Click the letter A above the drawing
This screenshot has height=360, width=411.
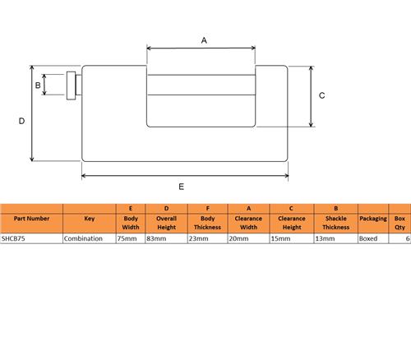point(204,40)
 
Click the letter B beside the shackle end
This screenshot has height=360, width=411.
point(38,85)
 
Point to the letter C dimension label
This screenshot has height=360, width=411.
point(322,95)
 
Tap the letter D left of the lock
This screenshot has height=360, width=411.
point(21,121)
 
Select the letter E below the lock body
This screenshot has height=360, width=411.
point(181,187)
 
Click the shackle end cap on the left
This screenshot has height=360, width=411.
point(72,85)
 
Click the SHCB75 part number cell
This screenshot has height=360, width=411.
point(13,238)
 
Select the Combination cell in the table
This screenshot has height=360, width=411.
point(83,238)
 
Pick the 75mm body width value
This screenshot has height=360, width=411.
point(127,238)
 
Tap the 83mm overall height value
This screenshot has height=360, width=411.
point(156,238)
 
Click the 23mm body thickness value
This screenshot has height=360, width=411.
point(198,238)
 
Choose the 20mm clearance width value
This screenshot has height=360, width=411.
point(238,238)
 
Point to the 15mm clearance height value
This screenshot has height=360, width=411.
point(280,238)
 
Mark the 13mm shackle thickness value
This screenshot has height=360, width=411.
point(325,238)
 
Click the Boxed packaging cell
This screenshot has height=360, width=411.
point(368,238)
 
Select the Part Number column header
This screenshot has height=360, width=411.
point(31,219)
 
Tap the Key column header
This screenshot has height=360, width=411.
point(90,219)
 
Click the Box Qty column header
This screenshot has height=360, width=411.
point(399,223)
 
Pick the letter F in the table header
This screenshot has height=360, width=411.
point(208,209)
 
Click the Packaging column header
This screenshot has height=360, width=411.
point(373,219)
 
